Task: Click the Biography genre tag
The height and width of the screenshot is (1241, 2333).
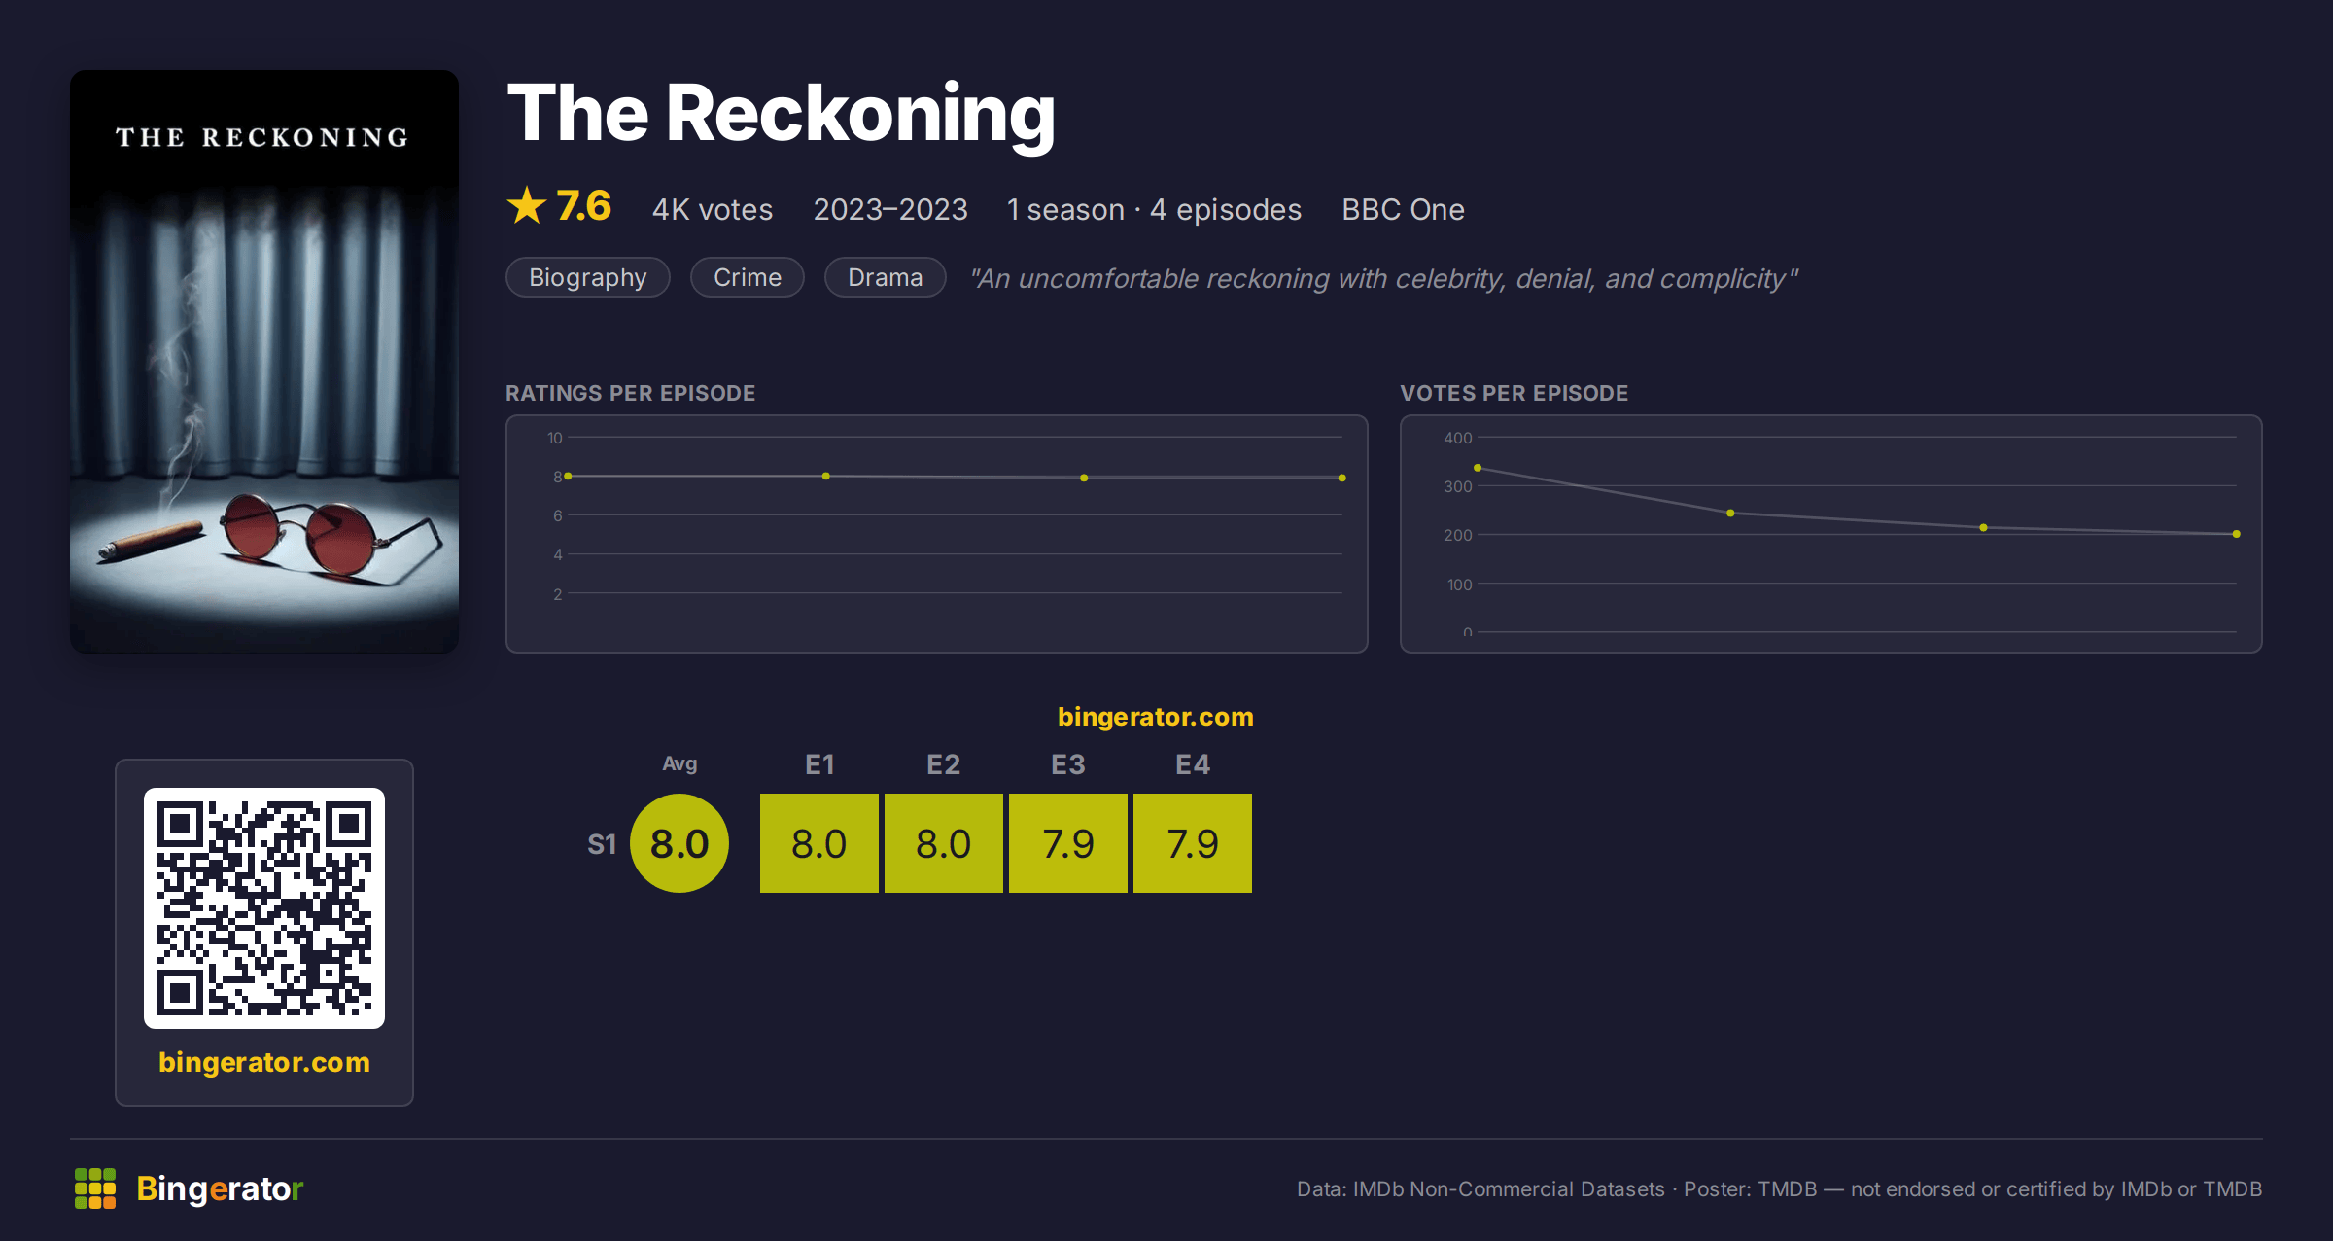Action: pos(587,277)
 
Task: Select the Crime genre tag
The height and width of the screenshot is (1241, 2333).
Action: pos(747,277)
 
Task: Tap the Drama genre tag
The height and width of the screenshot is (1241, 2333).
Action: pos(885,277)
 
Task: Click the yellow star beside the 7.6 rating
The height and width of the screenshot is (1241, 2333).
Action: pos(527,205)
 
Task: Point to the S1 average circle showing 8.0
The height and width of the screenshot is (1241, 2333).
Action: pos(679,843)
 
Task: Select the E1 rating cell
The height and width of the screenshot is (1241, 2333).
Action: pos(818,843)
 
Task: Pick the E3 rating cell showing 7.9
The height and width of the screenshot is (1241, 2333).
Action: pos(1067,843)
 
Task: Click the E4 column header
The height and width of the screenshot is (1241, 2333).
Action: pos(1193,764)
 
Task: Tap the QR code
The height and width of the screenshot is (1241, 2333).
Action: pos(264,908)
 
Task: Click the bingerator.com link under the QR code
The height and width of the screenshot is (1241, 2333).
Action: pos(264,1062)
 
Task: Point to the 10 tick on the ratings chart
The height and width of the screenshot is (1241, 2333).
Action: pos(554,438)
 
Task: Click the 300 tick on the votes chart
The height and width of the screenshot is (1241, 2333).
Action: pos(1457,486)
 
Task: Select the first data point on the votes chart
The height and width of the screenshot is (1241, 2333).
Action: pos(1478,468)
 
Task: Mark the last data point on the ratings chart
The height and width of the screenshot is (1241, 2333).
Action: pos(1342,478)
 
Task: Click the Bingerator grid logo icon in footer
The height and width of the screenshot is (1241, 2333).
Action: pos(95,1188)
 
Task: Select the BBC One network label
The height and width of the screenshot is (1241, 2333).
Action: pos(1403,209)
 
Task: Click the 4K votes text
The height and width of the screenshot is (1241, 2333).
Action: pos(713,209)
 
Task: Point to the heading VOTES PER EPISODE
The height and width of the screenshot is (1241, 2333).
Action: pos(1514,393)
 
